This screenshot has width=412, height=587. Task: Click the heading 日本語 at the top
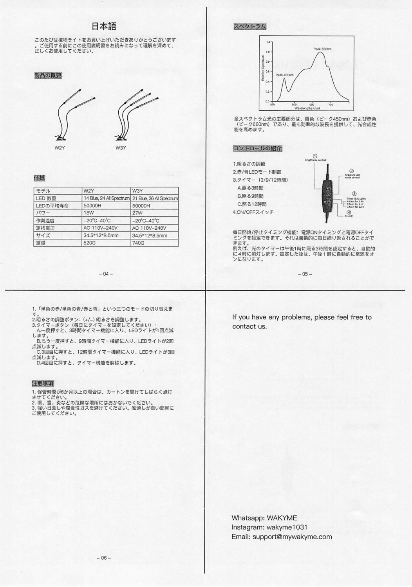coord(104,27)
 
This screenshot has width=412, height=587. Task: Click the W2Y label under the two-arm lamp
coord(59,148)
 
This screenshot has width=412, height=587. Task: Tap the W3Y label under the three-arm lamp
coord(121,148)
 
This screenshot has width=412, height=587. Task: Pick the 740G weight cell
coord(139,243)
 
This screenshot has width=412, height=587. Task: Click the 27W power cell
coord(137,213)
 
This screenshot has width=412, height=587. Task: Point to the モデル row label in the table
coord(43,191)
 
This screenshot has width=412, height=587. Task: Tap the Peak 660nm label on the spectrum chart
coord(322,49)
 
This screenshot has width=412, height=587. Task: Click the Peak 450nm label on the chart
coord(285,74)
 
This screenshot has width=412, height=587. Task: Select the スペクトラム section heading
coord(249,27)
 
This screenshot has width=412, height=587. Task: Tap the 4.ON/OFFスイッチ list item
coord(253,212)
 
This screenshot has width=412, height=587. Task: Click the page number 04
coord(106,274)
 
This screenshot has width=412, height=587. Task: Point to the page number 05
coord(305,274)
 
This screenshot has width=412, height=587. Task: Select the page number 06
coord(104,558)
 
